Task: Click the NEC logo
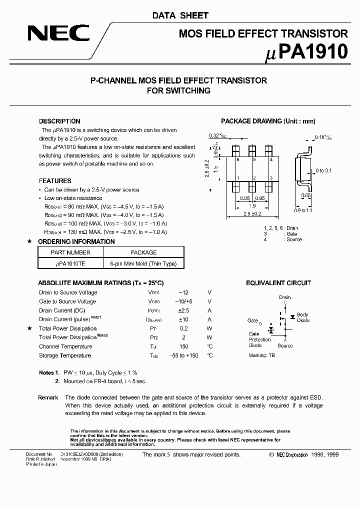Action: (x=58, y=33)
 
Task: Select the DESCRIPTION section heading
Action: (x=59, y=121)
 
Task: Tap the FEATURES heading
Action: (x=55, y=180)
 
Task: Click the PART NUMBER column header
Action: (x=71, y=252)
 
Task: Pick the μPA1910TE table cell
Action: (x=71, y=263)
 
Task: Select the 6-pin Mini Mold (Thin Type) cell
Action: (x=143, y=263)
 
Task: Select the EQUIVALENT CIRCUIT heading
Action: (x=278, y=283)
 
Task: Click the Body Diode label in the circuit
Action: (x=303, y=317)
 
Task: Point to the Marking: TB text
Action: (x=261, y=355)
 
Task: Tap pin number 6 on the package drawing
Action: (x=238, y=159)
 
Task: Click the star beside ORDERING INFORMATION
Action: (x=29, y=241)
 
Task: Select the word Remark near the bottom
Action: (x=48, y=397)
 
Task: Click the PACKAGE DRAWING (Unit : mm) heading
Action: (x=268, y=121)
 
